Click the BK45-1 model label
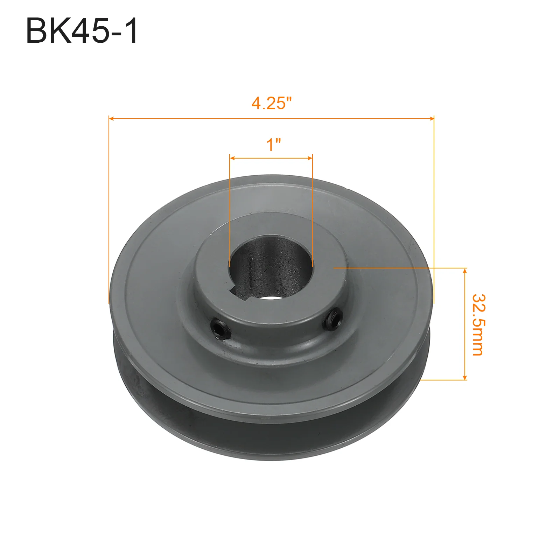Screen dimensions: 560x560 82,31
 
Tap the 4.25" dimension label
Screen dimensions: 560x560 272,103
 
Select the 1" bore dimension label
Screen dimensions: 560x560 273,145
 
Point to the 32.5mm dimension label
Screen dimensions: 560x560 478,325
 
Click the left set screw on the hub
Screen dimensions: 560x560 221,329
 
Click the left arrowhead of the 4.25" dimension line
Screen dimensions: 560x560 111,119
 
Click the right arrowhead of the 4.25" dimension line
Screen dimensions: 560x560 431,119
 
